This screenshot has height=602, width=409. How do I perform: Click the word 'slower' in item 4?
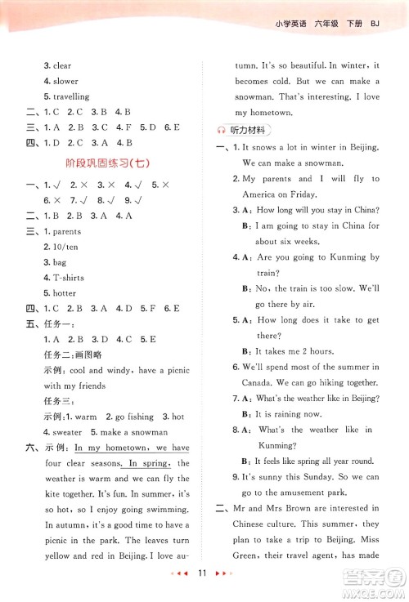pos(66,81)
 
